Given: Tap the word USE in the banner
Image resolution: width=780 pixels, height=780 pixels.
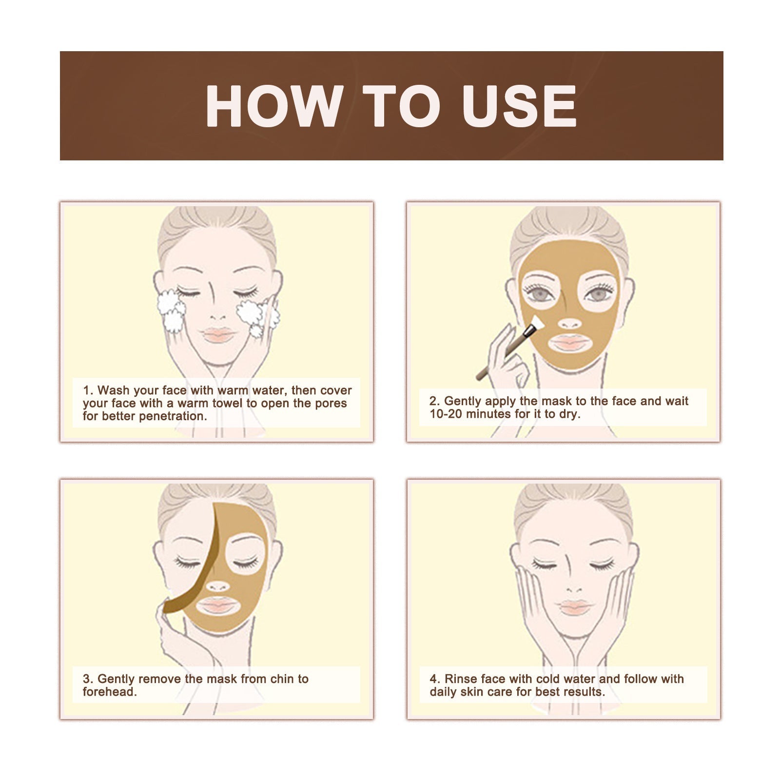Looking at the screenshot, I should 519,106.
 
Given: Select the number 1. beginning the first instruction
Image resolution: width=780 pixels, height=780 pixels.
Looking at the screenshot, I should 88,390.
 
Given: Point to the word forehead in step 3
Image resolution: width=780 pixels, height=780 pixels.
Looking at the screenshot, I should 109,692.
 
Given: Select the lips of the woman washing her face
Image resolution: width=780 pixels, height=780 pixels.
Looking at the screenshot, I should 219,335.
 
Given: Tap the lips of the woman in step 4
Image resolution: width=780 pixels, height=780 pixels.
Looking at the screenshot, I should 575,607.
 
